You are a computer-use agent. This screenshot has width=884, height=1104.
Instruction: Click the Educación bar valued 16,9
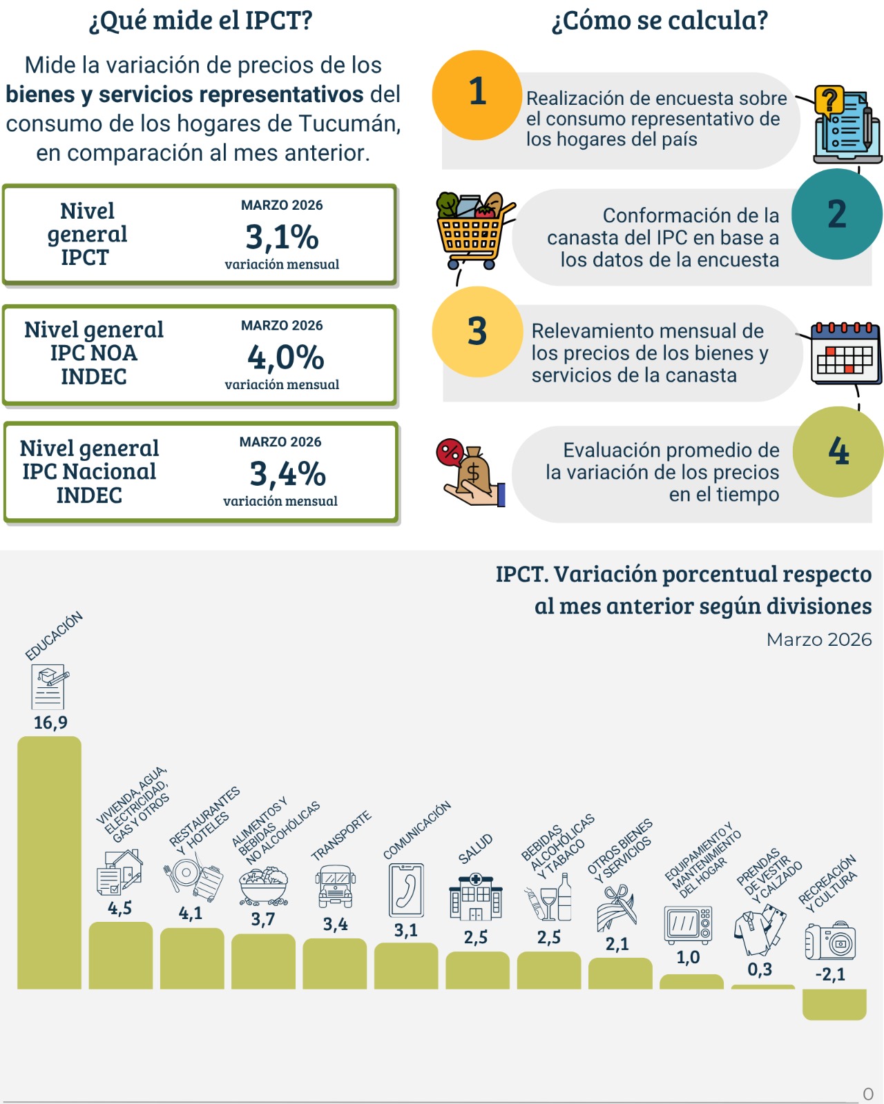tap(49, 862)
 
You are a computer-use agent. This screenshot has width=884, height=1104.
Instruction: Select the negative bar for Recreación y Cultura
tap(834, 1004)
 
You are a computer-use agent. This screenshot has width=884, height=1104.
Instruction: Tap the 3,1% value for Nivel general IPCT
tap(282, 237)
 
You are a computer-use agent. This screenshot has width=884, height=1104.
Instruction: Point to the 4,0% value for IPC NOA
tap(285, 357)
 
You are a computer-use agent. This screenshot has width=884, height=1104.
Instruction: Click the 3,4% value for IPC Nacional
tap(287, 474)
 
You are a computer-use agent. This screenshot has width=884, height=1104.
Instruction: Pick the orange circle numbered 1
tap(477, 95)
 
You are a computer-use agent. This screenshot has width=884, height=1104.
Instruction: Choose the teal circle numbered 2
tap(836, 214)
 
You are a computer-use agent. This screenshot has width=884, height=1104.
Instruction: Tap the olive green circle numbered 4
tap(838, 451)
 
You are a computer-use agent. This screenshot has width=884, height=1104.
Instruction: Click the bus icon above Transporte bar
tap(335, 886)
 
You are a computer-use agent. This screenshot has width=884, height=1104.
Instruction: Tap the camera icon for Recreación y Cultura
tap(830, 940)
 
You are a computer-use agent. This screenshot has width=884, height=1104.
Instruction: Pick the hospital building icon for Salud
tap(475, 897)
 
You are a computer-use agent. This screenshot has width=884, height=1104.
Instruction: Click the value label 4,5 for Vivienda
tap(119, 908)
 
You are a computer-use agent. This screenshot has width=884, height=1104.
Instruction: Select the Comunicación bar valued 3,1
tap(406, 966)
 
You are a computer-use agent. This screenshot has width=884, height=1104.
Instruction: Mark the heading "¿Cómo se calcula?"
tap(659, 21)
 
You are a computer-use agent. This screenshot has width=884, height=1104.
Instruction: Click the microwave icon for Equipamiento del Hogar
tap(688, 925)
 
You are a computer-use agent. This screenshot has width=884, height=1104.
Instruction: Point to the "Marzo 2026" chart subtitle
tap(818, 640)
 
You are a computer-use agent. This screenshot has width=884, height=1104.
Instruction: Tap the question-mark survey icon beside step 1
tap(845, 124)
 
